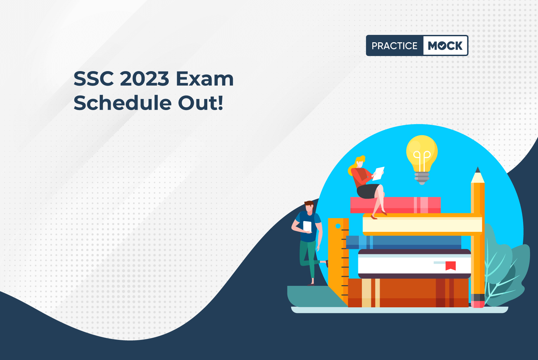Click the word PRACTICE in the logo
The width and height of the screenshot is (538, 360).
(395, 46)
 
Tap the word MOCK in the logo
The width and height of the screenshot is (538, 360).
(445, 46)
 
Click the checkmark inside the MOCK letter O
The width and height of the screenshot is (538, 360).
(442, 46)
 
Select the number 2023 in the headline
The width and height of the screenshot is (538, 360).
(144, 79)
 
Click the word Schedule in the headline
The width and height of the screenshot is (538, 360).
(122, 103)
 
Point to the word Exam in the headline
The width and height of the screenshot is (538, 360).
(204, 79)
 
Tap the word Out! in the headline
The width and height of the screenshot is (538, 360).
(200, 103)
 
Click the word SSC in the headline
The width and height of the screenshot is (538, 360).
(94, 79)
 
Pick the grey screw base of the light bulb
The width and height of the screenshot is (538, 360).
(422, 178)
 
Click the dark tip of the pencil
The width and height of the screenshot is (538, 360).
(478, 170)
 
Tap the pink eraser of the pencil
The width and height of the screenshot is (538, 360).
(478, 304)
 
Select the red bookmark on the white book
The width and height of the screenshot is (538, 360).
(451, 265)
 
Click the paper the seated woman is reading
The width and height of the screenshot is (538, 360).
(378, 173)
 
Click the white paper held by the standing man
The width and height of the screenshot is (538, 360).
(307, 226)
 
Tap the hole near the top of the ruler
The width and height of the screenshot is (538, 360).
(338, 226)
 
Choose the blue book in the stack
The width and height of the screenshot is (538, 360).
(404, 242)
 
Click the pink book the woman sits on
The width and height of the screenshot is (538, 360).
(395, 205)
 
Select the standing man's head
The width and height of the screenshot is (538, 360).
(309, 207)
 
